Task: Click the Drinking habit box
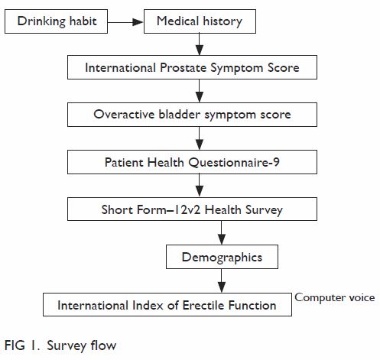[x=56, y=21]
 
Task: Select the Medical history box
[x=200, y=21]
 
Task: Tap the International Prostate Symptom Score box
[x=192, y=67]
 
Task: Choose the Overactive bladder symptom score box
[x=192, y=115]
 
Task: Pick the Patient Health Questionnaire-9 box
[x=192, y=162]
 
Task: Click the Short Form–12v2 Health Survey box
[x=192, y=209]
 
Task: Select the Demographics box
[x=222, y=257]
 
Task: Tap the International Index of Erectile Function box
[x=167, y=304]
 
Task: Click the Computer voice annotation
[x=335, y=297]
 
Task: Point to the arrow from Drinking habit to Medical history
[x=125, y=22]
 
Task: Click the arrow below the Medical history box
[x=200, y=44]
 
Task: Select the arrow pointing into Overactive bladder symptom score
[x=200, y=91]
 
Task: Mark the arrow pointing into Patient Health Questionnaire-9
[x=200, y=138]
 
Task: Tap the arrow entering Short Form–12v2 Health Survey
[x=200, y=186]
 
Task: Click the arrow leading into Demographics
[x=222, y=233]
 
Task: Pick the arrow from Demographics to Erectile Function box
[x=222, y=281]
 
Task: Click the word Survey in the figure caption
[x=66, y=346]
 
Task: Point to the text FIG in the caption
[x=15, y=345]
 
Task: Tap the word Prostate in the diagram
[x=183, y=68]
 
